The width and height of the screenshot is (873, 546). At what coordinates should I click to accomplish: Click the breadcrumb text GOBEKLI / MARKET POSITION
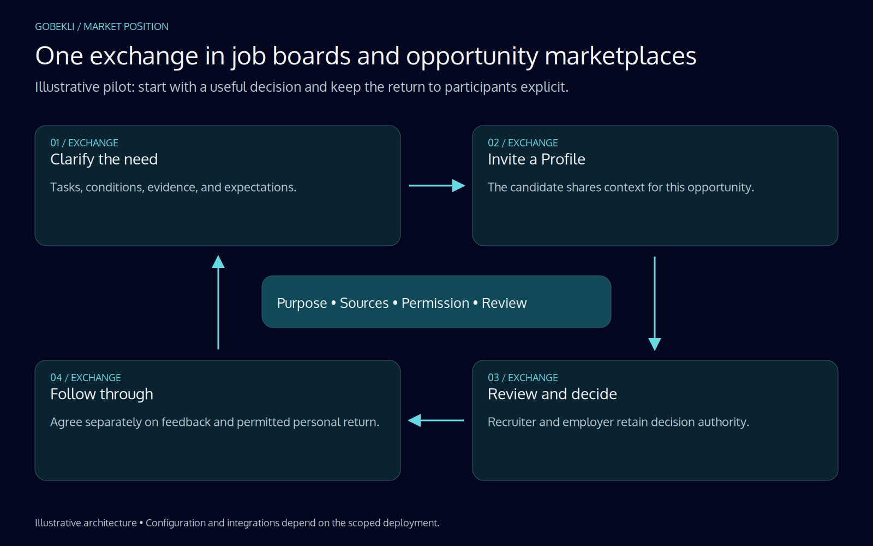101,27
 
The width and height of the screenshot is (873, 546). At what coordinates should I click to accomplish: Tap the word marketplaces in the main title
620,56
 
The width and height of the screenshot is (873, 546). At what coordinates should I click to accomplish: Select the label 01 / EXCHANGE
84,143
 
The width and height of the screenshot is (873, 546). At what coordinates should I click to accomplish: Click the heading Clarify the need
104,159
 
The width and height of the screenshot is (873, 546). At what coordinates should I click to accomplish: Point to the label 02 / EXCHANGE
523,143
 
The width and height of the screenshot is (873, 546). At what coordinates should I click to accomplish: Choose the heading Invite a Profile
536,159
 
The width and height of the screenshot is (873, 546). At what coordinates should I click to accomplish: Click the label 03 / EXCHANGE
523,377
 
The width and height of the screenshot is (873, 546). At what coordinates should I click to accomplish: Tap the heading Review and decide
552,394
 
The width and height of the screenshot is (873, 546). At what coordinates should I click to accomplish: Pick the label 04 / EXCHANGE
85,377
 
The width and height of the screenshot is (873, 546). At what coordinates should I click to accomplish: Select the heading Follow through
101,394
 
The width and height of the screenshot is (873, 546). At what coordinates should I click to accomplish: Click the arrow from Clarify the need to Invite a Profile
437,186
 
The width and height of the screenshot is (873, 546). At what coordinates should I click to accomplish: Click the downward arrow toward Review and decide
655,304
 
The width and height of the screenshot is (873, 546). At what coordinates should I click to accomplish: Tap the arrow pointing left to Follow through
436,420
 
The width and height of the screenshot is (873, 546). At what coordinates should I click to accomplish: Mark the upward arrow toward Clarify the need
218,302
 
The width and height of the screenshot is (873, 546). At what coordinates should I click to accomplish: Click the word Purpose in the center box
302,304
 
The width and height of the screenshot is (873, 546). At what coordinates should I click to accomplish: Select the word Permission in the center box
435,304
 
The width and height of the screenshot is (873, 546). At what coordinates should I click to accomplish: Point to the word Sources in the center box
364,304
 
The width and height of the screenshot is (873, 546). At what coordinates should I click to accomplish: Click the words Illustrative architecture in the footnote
86,523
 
